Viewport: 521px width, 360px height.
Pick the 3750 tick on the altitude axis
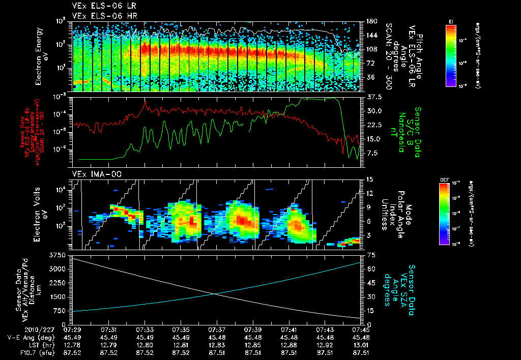[x=60, y=254]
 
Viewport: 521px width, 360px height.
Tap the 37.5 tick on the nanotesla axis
[x=374, y=97]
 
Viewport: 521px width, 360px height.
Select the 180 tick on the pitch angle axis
[x=371, y=21]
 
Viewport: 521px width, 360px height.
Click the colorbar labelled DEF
[x=450, y=214]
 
